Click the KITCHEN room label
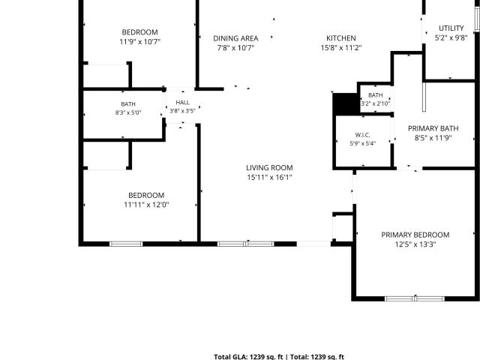click(x=341, y=38)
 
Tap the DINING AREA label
click(x=235, y=38)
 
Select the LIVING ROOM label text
click(x=269, y=168)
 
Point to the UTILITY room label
click(x=451, y=28)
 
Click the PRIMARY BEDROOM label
click(x=415, y=235)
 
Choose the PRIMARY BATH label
click(x=433, y=128)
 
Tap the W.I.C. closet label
click(x=362, y=135)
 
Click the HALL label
click(x=182, y=103)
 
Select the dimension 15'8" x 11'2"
click(x=341, y=48)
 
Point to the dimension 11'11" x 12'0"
click(x=146, y=205)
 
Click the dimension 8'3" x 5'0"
click(x=128, y=112)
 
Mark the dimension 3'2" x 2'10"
click(x=375, y=103)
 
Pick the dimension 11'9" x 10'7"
click(x=140, y=42)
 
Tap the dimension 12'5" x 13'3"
click(x=415, y=244)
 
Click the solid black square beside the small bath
click(x=346, y=103)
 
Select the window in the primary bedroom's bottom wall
click(x=414, y=298)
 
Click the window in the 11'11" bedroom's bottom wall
click(x=126, y=244)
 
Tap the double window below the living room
click(x=245, y=244)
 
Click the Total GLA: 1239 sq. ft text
click(x=248, y=357)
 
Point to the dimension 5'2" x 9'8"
click(x=451, y=38)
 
